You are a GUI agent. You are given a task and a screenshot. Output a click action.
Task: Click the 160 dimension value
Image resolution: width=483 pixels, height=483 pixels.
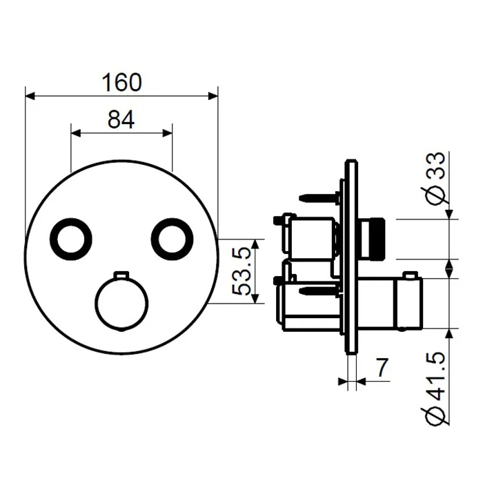click(121, 83)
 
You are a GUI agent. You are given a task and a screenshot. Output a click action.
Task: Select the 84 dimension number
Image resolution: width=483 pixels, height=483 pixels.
click(121, 119)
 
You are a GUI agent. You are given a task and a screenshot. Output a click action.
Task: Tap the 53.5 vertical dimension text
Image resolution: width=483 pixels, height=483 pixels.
click(241, 271)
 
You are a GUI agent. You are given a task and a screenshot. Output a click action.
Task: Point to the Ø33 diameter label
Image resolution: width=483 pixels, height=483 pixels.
click(435, 179)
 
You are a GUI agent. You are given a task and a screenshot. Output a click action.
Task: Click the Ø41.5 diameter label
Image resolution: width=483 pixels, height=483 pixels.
click(435, 389)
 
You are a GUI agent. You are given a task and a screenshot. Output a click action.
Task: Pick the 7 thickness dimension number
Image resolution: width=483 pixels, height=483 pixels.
click(382, 368)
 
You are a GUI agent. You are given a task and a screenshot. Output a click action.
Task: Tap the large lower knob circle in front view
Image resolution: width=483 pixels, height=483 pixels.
click(96, 304)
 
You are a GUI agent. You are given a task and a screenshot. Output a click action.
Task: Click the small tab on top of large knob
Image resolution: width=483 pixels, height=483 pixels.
click(121, 274)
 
